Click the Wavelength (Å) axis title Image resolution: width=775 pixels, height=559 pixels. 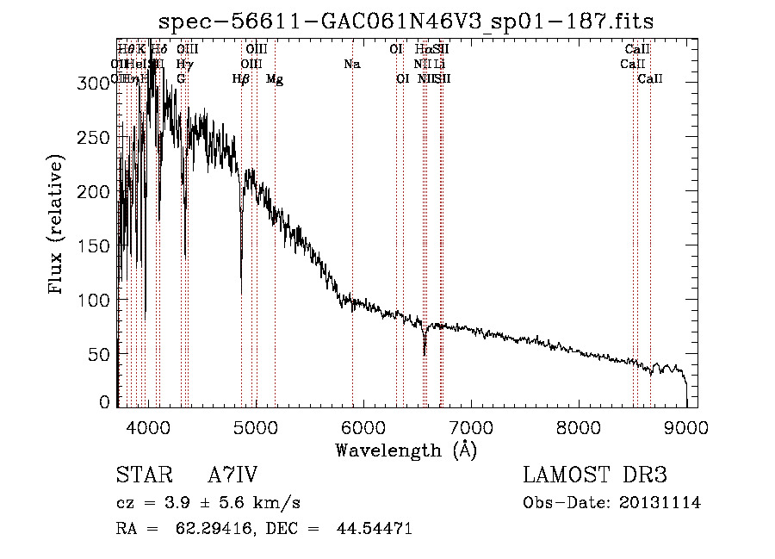pos(406,450)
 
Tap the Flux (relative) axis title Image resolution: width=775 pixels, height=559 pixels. pos(58,226)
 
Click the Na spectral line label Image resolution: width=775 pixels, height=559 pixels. pos(351,65)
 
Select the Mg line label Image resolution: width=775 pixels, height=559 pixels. pos(275,79)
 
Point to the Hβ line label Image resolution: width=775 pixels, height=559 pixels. pos(241,79)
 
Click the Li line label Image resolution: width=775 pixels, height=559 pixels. pos(439,65)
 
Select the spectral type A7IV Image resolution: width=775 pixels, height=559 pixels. pos(232,475)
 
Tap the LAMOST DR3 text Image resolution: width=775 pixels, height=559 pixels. pos(595,475)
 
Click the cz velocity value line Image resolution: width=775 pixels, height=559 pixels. pos(208,503)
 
